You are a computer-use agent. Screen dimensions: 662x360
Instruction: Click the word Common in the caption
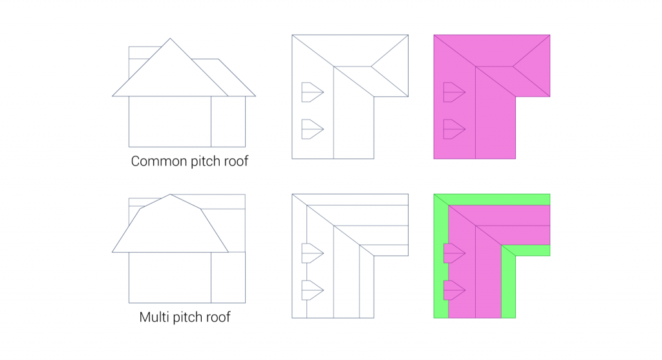click(159, 161)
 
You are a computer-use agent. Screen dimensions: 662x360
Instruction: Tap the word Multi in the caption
click(152, 317)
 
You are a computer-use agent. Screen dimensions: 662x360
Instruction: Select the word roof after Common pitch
click(235, 161)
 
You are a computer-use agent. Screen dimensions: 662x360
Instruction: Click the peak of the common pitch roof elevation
click(170, 38)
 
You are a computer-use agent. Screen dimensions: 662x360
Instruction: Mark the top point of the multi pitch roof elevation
click(170, 194)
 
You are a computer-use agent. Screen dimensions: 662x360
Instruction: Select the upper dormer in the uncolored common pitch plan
click(312, 92)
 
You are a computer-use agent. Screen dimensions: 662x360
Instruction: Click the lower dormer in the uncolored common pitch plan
click(312, 129)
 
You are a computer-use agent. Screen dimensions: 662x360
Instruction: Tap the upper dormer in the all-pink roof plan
click(454, 92)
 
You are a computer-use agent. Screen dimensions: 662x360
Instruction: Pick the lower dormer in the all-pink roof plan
click(454, 129)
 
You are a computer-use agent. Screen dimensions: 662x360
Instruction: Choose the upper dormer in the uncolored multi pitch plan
click(312, 253)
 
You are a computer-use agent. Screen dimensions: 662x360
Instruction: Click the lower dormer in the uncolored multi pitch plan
click(312, 290)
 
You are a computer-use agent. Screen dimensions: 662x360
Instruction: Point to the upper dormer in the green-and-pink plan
click(454, 253)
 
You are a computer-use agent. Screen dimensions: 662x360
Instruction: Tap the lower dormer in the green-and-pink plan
click(454, 290)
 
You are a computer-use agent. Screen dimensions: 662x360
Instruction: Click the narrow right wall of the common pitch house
click(228, 122)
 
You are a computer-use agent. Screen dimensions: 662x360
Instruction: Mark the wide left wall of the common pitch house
click(170, 122)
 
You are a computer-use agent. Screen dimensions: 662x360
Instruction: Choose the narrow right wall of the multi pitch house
click(228, 277)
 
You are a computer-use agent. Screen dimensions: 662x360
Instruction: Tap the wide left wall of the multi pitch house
click(170, 277)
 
